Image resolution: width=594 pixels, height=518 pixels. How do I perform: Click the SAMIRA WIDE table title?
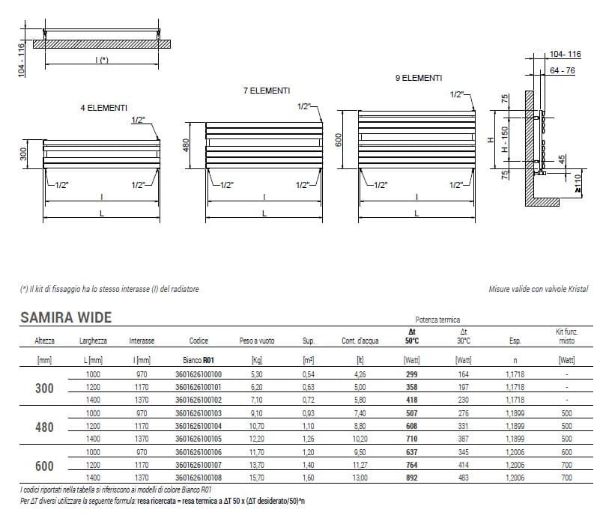point(65,317)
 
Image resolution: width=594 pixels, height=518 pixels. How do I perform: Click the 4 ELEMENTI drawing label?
point(103,108)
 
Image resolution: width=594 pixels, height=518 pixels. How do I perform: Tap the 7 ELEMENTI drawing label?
point(266,91)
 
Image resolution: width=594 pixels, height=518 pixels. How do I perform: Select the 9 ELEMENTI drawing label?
point(418,78)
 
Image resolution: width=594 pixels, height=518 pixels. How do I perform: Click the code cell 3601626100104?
point(198,425)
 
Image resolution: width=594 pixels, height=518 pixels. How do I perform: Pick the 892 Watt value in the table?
point(411,477)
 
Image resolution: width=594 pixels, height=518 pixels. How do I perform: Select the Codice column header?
point(198,341)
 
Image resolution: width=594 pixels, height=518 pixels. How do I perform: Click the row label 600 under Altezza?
point(44,465)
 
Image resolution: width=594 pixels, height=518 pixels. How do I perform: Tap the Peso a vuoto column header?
point(257,341)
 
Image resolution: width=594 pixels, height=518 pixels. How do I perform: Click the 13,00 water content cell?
point(360,477)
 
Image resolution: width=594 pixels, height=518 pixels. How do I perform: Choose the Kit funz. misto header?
point(566,335)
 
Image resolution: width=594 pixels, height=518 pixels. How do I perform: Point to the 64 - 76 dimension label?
point(561,70)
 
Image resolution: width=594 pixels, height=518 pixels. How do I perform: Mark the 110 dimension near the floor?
point(578,182)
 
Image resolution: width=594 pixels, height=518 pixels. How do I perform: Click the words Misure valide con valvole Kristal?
point(538,289)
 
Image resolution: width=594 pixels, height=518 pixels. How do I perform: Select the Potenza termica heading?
point(437,319)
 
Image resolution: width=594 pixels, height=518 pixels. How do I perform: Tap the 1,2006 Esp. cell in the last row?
point(515,477)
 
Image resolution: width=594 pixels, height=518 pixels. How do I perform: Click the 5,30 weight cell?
point(257,374)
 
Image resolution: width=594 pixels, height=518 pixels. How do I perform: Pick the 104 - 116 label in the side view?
point(565,55)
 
